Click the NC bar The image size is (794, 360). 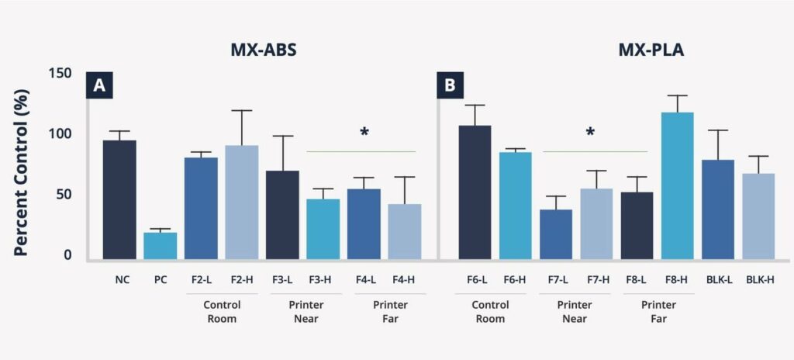click(x=120, y=200)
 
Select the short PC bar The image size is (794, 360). click(x=161, y=245)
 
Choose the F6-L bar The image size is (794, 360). click(x=475, y=192)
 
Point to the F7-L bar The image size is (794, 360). click(x=556, y=234)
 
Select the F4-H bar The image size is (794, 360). click(x=405, y=231)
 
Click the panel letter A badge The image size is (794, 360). click(x=99, y=85)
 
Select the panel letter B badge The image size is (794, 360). click(x=450, y=85)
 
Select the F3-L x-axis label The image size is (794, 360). click(x=283, y=279)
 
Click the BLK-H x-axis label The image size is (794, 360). click(x=758, y=279)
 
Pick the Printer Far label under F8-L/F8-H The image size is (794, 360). click(x=657, y=311)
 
